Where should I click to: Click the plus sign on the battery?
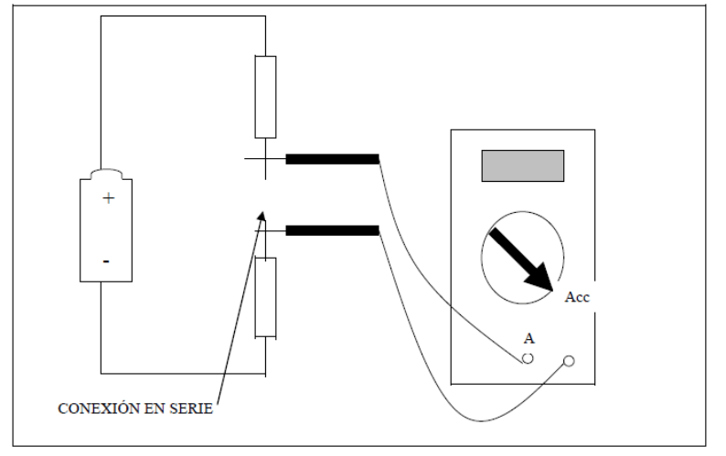click(x=108, y=198)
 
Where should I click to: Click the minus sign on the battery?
click(x=107, y=261)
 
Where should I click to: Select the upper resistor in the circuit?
click(x=265, y=96)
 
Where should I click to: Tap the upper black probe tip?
click(x=332, y=159)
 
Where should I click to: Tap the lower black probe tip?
click(x=332, y=230)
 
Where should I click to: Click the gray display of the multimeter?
click(x=522, y=166)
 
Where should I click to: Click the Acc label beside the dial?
click(x=578, y=298)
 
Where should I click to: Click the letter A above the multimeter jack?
click(x=528, y=337)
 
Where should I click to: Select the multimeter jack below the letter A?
click(x=527, y=357)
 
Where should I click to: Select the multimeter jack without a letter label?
click(x=570, y=362)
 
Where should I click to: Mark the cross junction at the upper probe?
click(x=265, y=159)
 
